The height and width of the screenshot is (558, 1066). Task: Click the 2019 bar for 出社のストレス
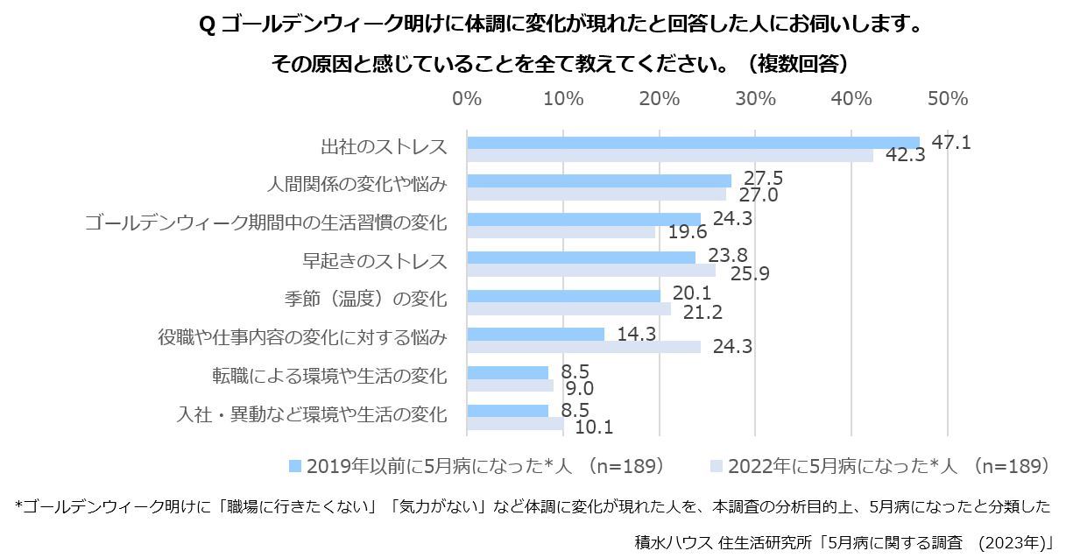point(693,143)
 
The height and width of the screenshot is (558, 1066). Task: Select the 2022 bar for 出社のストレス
point(670,156)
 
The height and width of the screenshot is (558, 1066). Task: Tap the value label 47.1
point(950,142)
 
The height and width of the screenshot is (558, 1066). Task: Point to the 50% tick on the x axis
point(947,98)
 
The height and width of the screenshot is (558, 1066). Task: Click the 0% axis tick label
point(466,98)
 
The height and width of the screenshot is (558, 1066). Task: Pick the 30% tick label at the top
point(755,98)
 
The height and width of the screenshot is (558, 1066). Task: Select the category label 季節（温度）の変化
point(365,300)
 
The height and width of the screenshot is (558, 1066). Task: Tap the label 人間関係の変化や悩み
point(357,185)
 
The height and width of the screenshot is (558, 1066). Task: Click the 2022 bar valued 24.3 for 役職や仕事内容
point(583,347)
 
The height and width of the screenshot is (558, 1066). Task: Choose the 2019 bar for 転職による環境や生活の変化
point(507,372)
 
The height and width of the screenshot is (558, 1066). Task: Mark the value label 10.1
point(594,427)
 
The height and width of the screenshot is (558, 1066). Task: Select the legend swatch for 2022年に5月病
point(717,466)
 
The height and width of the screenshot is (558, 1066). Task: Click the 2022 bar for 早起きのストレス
point(590,271)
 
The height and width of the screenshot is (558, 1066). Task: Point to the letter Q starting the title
point(207,25)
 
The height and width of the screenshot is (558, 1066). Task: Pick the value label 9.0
point(579,388)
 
